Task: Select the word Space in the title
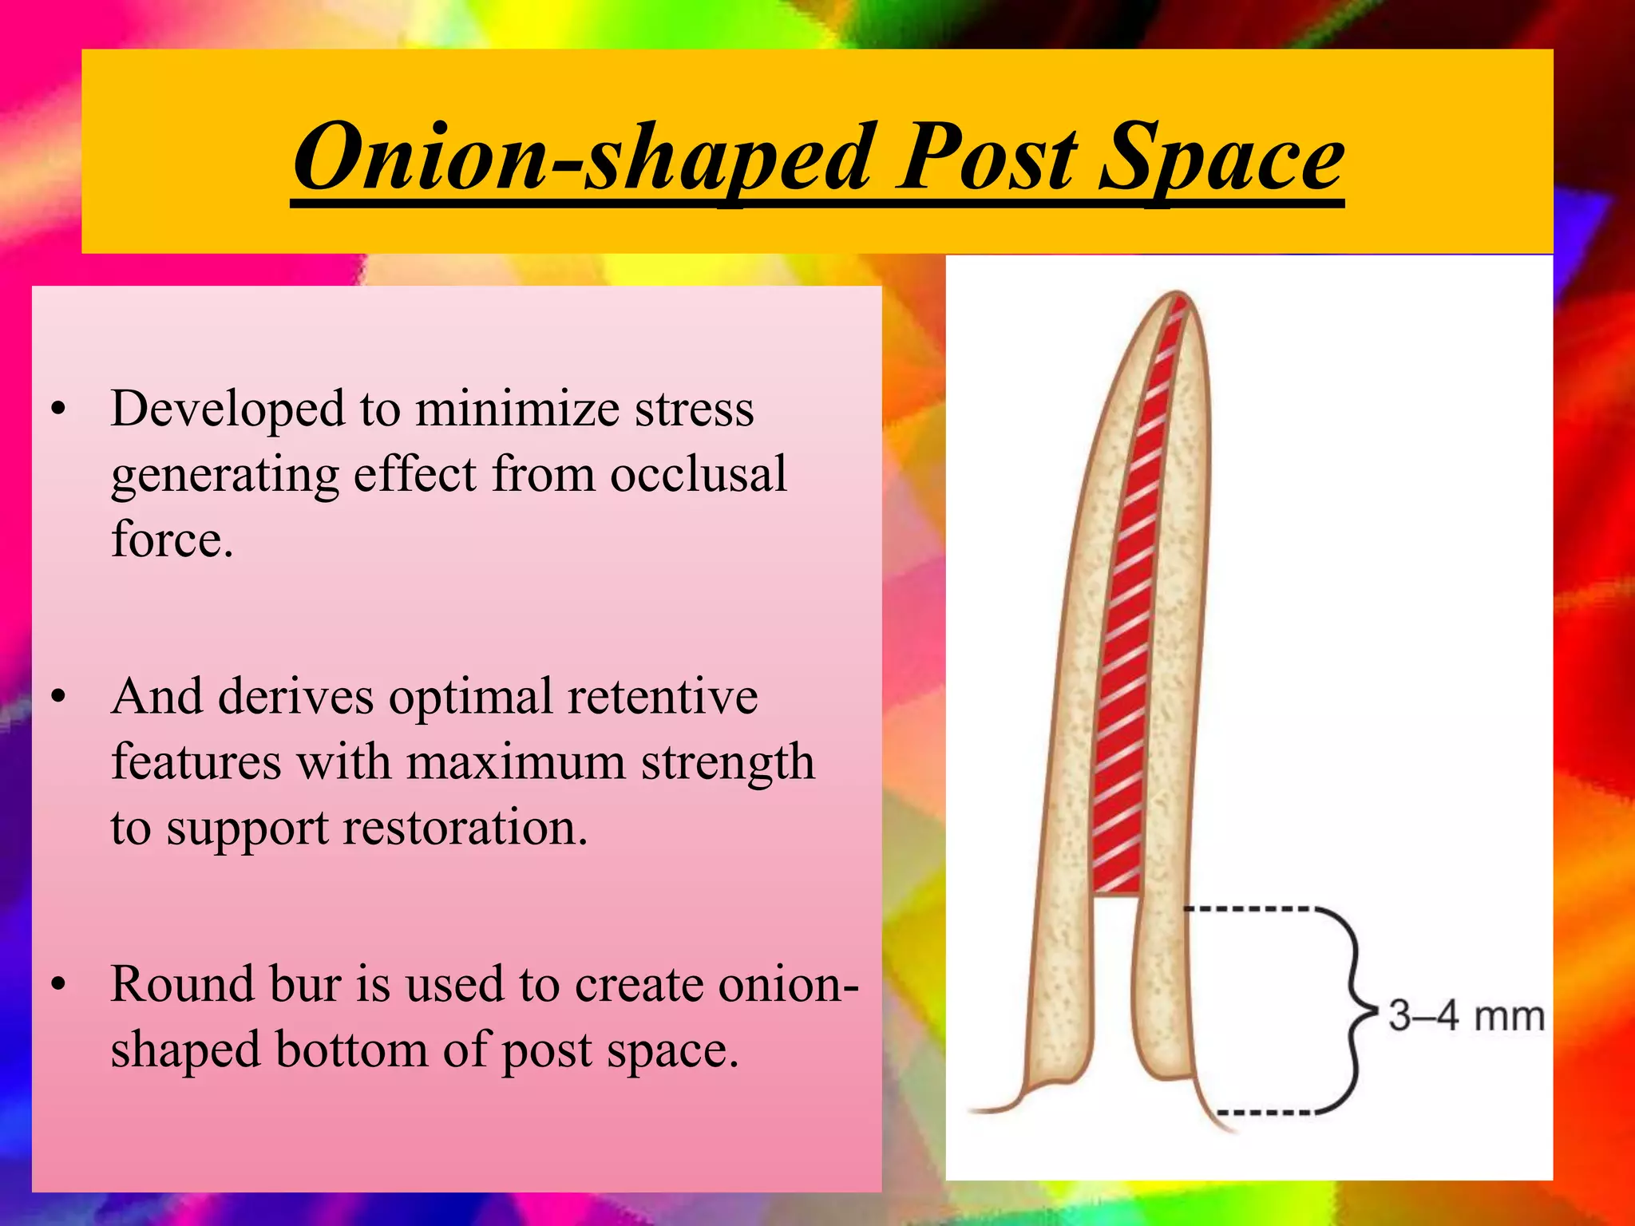(x=1221, y=158)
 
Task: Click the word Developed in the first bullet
(x=227, y=409)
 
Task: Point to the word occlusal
(x=699, y=474)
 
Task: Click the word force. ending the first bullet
(x=172, y=540)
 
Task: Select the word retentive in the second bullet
(x=662, y=696)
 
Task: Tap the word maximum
(x=516, y=761)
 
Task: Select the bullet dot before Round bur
(x=57, y=985)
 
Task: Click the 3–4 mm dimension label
(x=1466, y=1016)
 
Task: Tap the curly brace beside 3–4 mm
(x=1354, y=1010)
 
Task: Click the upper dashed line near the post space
(x=1245, y=909)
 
